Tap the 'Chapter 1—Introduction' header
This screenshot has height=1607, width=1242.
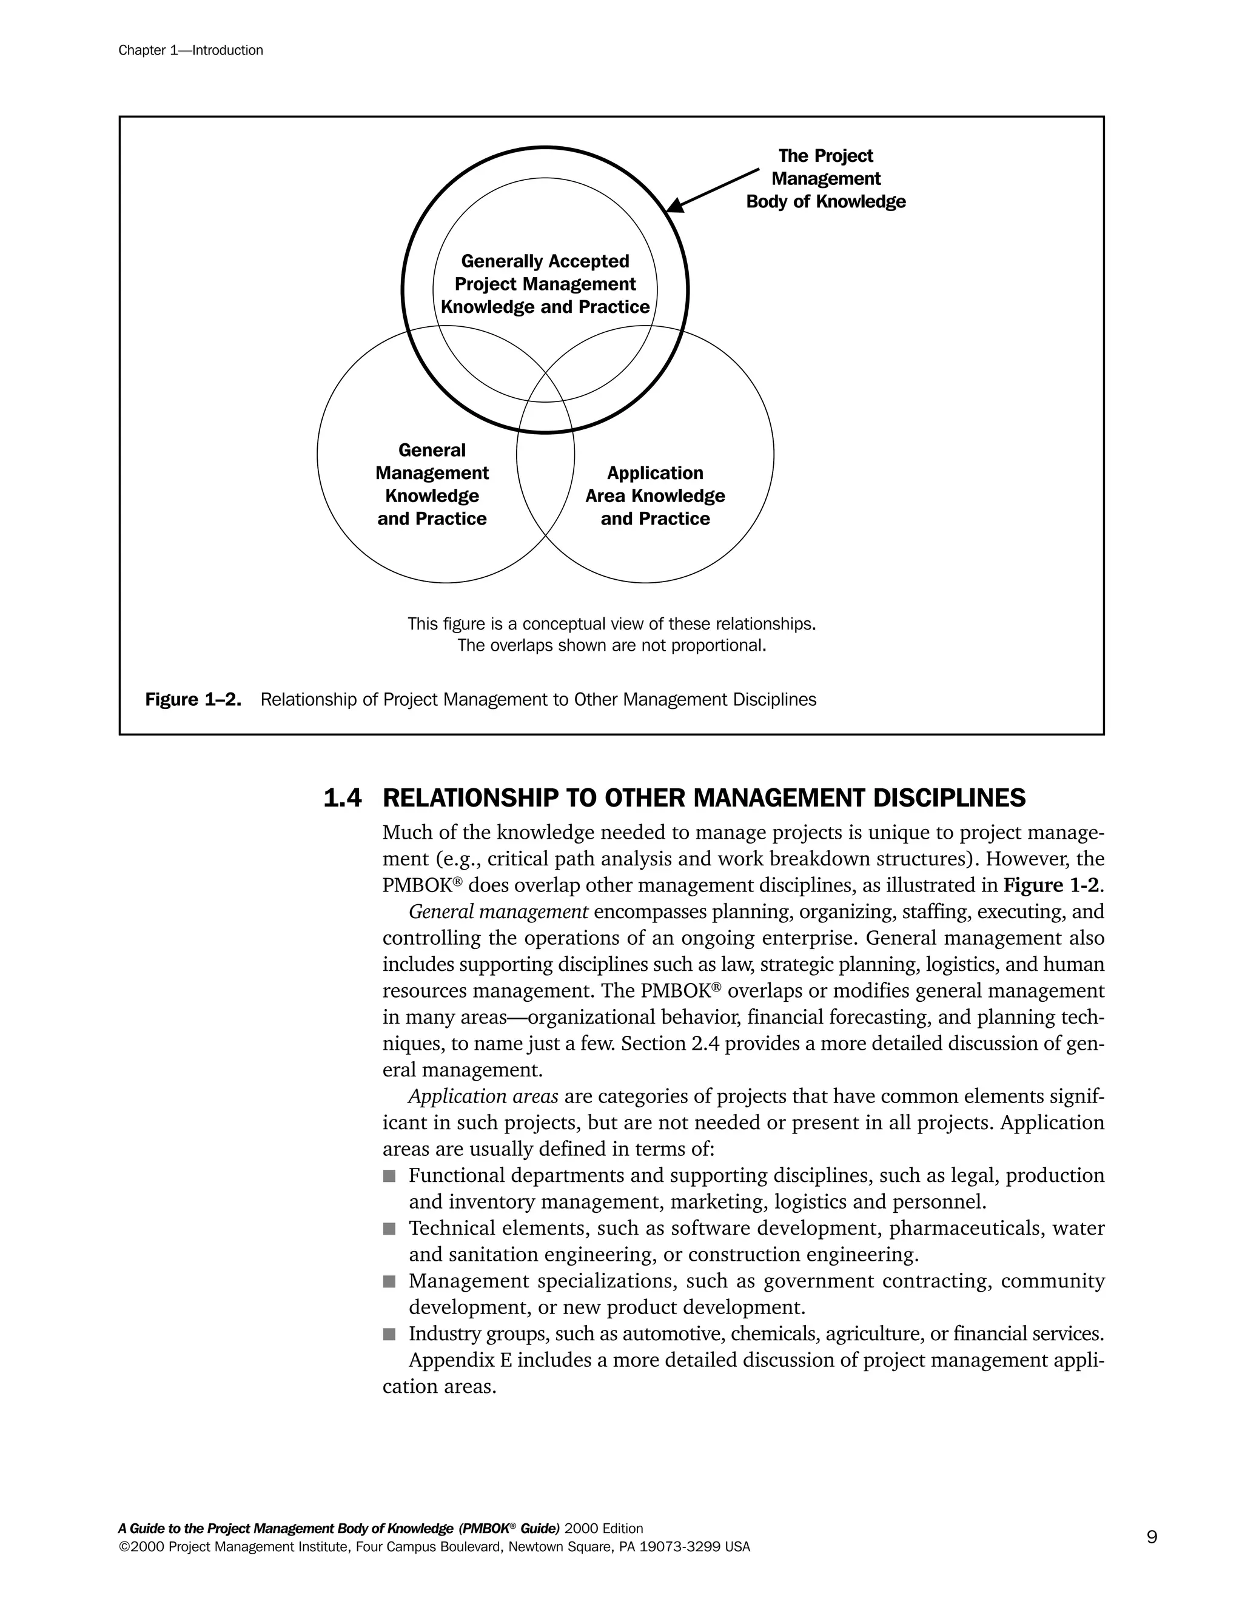click(x=190, y=50)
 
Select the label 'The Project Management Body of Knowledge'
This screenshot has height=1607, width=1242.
click(x=825, y=179)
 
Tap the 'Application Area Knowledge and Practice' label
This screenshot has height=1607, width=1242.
click(x=655, y=496)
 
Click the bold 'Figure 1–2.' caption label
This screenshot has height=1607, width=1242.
click(x=193, y=700)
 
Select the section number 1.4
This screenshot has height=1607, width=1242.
click(x=342, y=799)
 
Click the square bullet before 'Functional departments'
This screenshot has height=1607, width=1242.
click(x=389, y=1176)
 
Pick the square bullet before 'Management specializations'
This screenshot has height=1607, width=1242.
click(x=389, y=1282)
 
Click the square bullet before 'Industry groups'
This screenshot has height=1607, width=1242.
click(x=389, y=1334)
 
